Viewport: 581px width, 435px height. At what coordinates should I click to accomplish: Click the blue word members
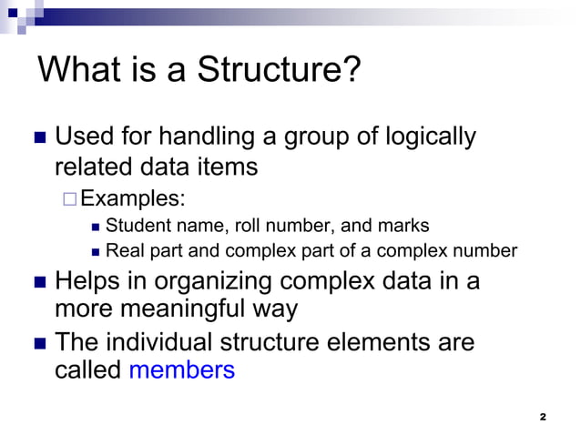coord(182,370)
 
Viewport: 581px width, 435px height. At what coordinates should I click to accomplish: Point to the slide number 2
coord(543,417)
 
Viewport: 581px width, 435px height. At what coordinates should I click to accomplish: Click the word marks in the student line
coord(404,225)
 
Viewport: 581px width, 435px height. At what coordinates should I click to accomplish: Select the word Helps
coord(87,280)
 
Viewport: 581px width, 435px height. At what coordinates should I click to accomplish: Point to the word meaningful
coord(190,309)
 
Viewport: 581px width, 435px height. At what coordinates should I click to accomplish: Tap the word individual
coord(163,343)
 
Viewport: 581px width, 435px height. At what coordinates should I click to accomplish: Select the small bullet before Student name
coord(97,226)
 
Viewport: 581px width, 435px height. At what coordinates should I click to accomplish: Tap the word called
coord(88,370)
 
